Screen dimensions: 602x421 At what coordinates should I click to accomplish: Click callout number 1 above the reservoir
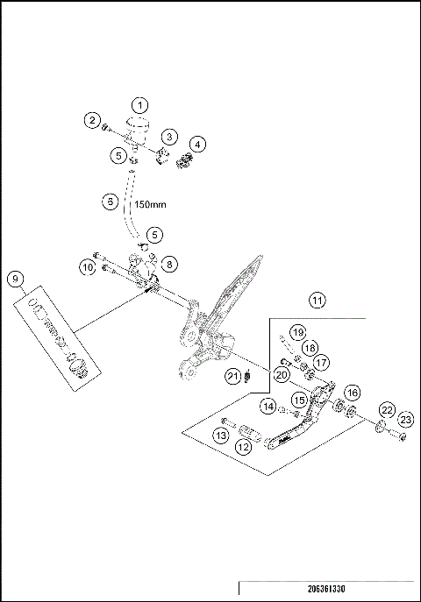coord(141,105)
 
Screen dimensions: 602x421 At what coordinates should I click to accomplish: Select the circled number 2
coord(92,120)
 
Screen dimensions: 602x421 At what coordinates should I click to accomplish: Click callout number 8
coord(168,263)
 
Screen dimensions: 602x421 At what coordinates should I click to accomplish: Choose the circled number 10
coord(87,266)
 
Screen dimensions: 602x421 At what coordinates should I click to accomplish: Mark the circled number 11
coord(316,300)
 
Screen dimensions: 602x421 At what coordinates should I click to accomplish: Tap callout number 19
coord(297,332)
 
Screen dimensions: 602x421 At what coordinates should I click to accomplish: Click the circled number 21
coord(232,377)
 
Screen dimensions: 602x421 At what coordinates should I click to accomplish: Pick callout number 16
coord(353,393)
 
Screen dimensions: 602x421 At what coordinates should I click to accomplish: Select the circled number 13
coord(222,435)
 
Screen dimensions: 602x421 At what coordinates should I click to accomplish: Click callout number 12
coord(244,447)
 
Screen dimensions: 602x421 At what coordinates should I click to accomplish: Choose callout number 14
coord(268,406)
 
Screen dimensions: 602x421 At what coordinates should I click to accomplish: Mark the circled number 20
coord(282,374)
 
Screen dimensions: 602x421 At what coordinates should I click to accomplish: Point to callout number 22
coord(385,410)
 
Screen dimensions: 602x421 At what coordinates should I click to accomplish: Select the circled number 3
coord(168,137)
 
